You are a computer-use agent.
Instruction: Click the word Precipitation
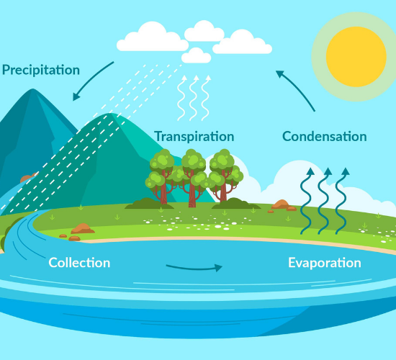tap(41, 70)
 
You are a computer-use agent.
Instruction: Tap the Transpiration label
tap(194, 137)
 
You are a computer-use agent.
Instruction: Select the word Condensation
tap(325, 137)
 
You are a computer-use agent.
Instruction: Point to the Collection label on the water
tap(79, 263)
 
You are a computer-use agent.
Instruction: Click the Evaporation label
tap(325, 263)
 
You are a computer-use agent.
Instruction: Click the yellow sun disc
tap(356, 57)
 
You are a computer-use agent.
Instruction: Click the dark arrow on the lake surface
tap(194, 268)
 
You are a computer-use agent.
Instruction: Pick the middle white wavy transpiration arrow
tap(193, 98)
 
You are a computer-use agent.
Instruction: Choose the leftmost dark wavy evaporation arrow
tap(307, 201)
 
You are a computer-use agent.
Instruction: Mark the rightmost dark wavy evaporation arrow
tap(341, 201)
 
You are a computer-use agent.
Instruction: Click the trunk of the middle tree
tap(192, 192)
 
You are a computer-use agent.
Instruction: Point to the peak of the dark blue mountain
tap(32, 89)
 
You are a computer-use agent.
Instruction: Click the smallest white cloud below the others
tap(197, 55)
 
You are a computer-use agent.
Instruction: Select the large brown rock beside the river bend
tap(83, 229)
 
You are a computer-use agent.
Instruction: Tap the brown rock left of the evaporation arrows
tap(281, 204)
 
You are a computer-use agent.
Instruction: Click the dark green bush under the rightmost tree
tap(236, 204)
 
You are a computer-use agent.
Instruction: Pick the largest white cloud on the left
tap(153, 38)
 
